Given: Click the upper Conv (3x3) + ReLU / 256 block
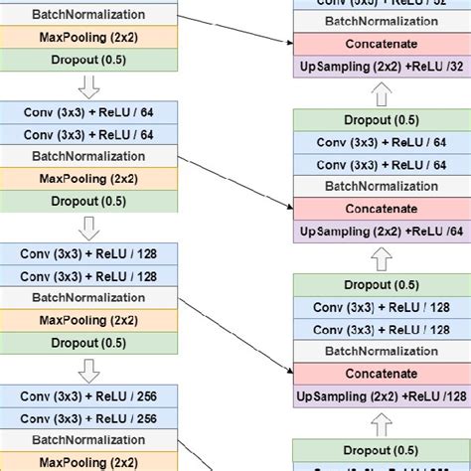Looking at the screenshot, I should [88, 395].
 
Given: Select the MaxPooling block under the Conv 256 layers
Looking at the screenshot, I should [88, 461].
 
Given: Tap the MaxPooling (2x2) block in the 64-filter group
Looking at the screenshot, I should [88, 178].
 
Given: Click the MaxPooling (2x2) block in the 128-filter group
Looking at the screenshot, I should [88, 320].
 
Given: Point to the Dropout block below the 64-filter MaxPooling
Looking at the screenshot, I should [88, 201].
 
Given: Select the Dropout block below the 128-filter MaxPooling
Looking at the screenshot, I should [88, 342].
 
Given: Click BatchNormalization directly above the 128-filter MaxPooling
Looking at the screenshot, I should [88, 298].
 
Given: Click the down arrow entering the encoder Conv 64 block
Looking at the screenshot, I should [88, 86].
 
